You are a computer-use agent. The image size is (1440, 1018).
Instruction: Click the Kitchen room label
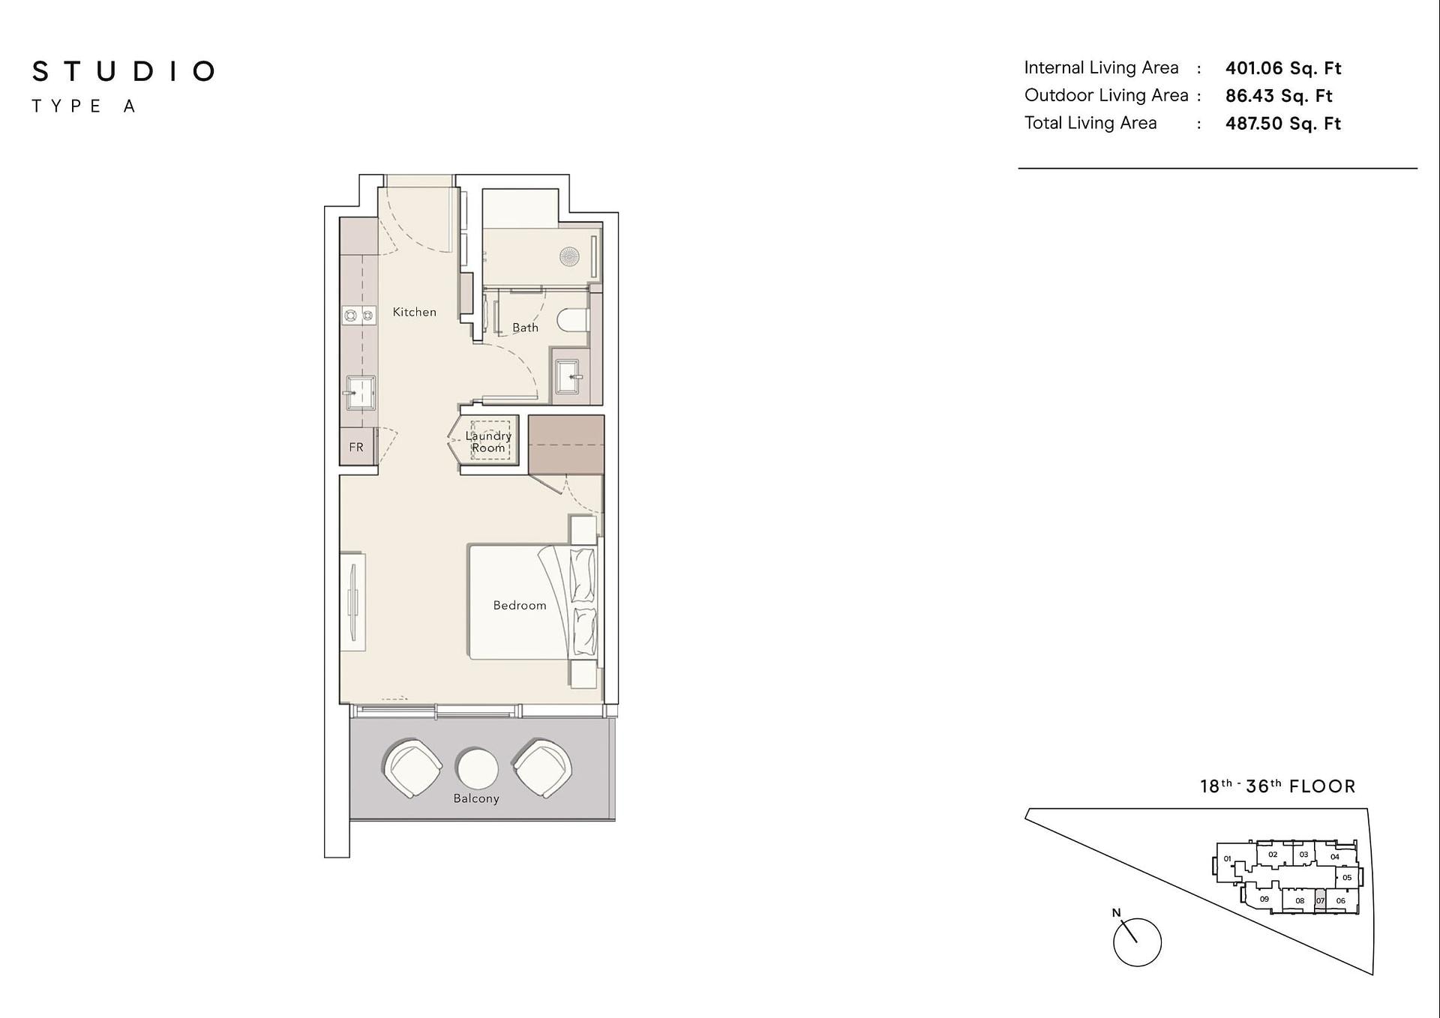click(414, 312)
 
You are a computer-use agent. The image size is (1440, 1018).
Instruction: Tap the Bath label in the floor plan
click(525, 328)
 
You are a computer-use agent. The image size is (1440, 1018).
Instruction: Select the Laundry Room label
click(488, 442)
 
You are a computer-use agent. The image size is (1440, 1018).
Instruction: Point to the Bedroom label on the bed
click(520, 605)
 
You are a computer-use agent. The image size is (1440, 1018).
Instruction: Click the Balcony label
click(476, 798)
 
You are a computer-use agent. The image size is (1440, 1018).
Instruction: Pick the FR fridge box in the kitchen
click(357, 447)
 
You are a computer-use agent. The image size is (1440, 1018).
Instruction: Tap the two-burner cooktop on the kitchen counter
click(359, 316)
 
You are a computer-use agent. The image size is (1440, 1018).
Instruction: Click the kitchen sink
click(359, 393)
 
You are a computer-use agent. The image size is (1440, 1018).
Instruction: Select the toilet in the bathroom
click(573, 320)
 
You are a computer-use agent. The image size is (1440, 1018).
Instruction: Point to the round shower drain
click(569, 257)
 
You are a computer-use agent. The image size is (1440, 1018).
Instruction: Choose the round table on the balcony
click(477, 768)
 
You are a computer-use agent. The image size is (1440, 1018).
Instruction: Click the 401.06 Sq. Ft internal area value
click(1283, 68)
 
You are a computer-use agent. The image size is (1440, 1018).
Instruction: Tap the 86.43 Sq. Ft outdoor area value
click(1279, 96)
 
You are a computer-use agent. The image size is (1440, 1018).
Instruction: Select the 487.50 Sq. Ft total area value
click(1283, 124)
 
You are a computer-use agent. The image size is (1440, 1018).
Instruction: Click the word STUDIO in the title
click(124, 71)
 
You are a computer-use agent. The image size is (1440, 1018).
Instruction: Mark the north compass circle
click(1137, 942)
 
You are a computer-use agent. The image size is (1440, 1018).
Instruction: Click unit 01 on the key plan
click(1227, 859)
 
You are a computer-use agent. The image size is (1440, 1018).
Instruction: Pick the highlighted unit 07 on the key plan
click(1320, 900)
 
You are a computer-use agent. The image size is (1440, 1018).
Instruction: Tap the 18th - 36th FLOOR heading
click(1278, 786)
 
